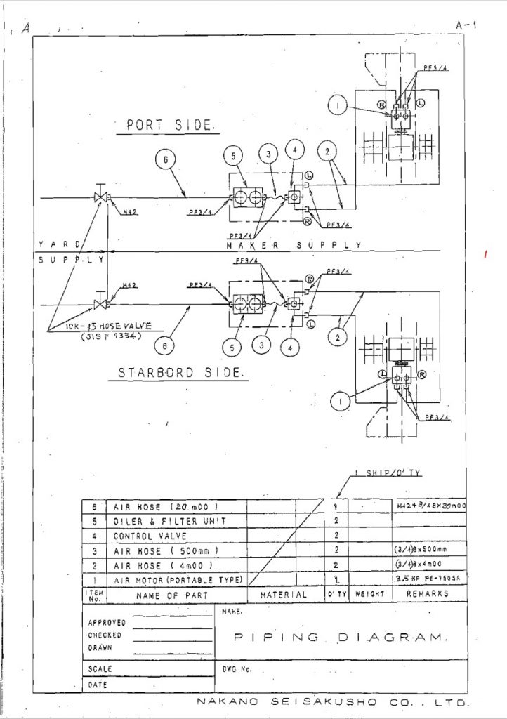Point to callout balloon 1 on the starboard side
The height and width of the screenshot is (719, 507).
(339, 401)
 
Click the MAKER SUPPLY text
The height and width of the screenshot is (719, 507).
(293, 245)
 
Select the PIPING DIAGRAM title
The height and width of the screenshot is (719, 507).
(339, 638)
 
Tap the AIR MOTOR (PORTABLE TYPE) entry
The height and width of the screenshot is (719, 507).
(178, 580)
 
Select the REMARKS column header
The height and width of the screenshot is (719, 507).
(427, 594)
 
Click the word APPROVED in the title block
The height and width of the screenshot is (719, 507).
(107, 622)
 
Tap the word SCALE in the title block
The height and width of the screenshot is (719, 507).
(100, 669)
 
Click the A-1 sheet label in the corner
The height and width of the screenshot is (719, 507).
(465, 25)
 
